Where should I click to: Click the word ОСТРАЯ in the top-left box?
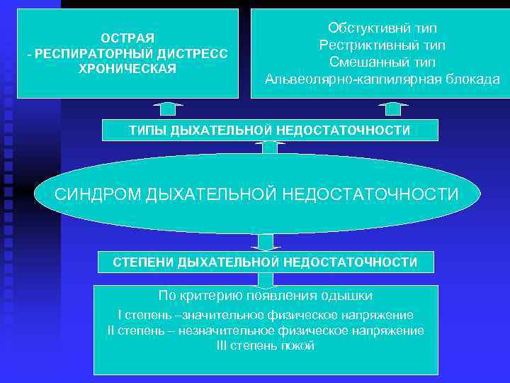click(127, 37)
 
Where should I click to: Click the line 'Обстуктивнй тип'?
click(382, 28)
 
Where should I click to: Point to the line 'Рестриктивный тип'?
click(382, 45)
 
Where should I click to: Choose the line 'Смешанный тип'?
click(382, 62)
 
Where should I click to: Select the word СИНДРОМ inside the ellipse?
click(98, 194)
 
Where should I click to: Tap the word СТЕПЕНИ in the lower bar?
click(144, 262)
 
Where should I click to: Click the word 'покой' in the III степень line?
click(298, 346)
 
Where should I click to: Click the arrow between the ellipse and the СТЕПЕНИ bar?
click(266, 242)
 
